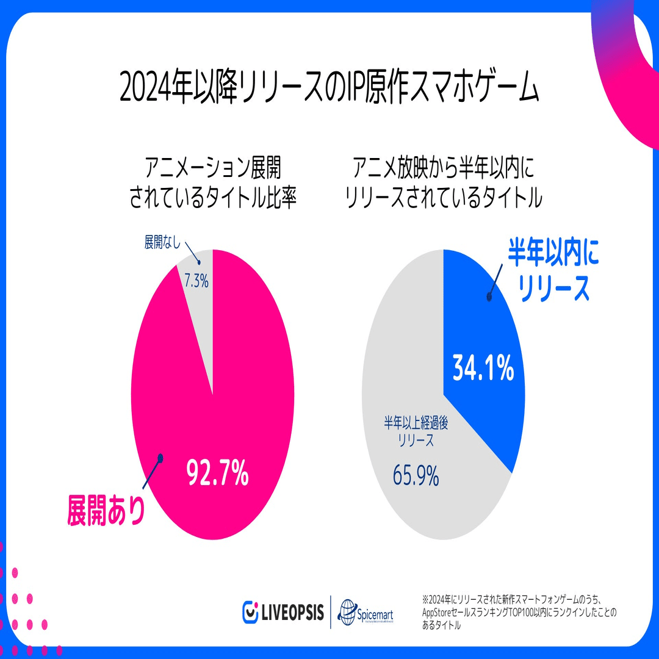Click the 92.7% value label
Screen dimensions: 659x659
point(218,474)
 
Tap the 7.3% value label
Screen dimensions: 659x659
point(196,281)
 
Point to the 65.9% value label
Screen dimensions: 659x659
point(416,476)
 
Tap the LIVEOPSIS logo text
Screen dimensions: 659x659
point(292,611)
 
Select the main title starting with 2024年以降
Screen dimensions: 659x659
point(329,90)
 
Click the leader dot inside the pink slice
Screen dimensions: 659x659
point(160,458)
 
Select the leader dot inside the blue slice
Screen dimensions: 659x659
point(488,297)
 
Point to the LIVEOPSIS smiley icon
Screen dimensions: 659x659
point(250,611)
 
